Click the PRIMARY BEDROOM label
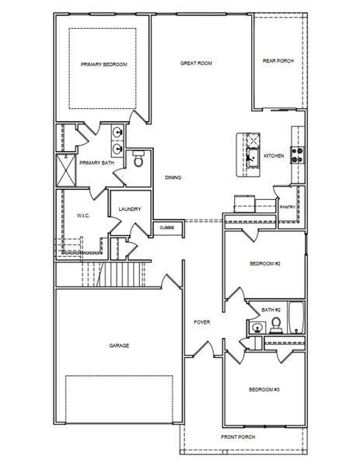pyautogui.click(x=104, y=65)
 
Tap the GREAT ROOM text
pyautogui.click(x=196, y=63)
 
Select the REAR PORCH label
pyautogui.click(x=278, y=61)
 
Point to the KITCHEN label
pyautogui.click(x=274, y=156)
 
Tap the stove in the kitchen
pyautogui.click(x=296, y=154)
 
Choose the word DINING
pyautogui.click(x=173, y=177)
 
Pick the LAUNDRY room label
pyautogui.click(x=129, y=209)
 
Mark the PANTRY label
pyautogui.click(x=287, y=207)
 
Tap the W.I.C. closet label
pyautogui.click(x=85, y=216)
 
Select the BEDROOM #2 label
pyautogui.click(x=264, y=264)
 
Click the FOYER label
pyautogui.click(x=201, y=321)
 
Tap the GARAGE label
pyautogui.click(x=119, y=345)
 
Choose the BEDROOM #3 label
pyautogui.click(x=264, y=389)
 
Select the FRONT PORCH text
pyautogui.click(x=238, y=437)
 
